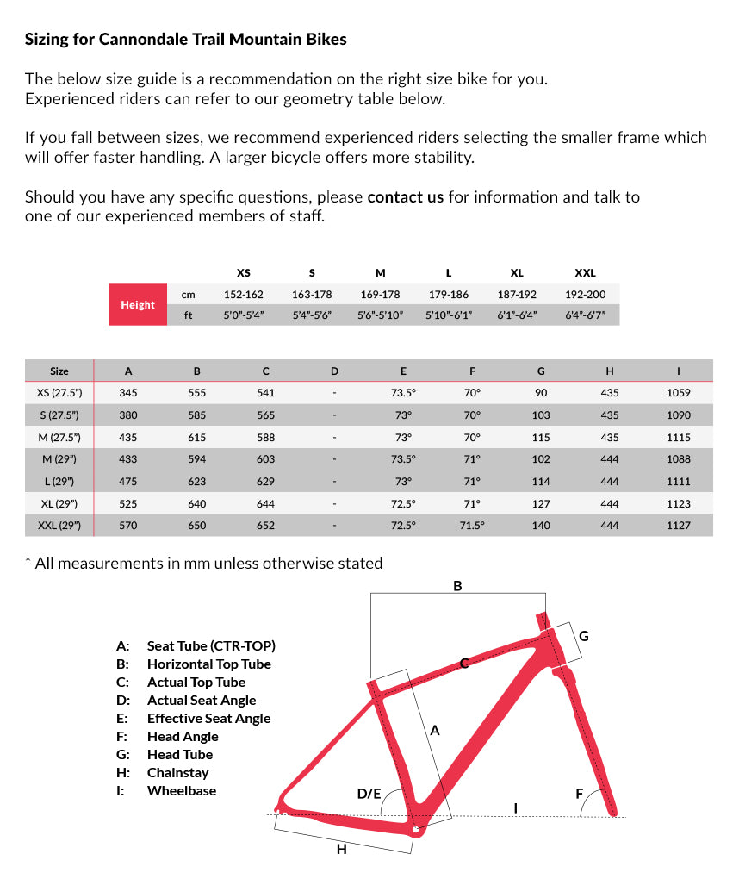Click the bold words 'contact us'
(x=405, y=197)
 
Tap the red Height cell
(x=138, y=304)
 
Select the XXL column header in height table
(x=585, y=272)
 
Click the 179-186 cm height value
(x=448, y=294)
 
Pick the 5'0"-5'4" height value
(x=243, y=315)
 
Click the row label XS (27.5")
(x=59, y=393)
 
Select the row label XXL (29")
(x=59, y=525)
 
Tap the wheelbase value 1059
(x=678, y=393)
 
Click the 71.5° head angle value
(x=472, y=525)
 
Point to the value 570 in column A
(x=128, y=525)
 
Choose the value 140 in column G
(x=541, y=525)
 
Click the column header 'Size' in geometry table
(x=59, y=371)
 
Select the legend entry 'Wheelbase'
(x=182, y=790)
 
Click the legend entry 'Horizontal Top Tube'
(x=208, y=664)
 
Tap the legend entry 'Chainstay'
(x=177, y=772)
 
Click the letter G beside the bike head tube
(x=583, y=636)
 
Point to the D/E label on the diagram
(x=369, y=793)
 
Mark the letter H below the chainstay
(x=341, y=849)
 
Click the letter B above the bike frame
(x=457, y=586)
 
